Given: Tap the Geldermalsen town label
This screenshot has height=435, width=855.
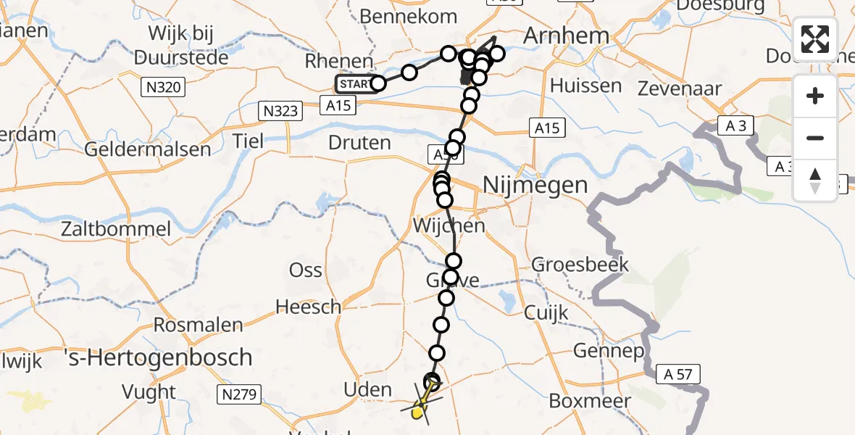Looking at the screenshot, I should point(148,150).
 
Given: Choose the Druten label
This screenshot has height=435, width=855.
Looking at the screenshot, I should point(359,143).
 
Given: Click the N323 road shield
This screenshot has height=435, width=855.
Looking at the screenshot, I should point(279,112).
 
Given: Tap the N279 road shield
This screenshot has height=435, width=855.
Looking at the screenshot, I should point(238,395).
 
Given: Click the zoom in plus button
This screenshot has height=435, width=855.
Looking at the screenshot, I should point(815,96).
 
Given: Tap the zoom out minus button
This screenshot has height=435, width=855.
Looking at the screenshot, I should point(815,138).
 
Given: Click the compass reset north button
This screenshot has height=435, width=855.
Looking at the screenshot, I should point(815,180).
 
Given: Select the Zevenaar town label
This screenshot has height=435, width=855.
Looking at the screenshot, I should point(679,89).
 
